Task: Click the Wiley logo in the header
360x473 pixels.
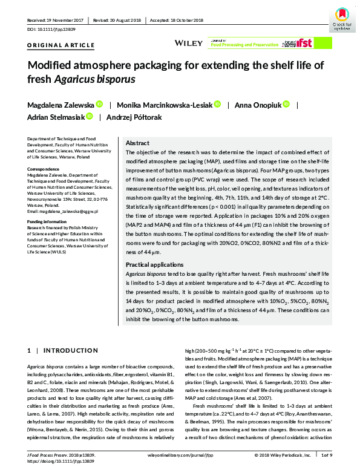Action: (183, 43)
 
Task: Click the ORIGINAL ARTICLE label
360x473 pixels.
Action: (61, 45)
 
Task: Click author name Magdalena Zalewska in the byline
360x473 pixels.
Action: (59, 104)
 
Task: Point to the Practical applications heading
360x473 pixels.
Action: (154, 265)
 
